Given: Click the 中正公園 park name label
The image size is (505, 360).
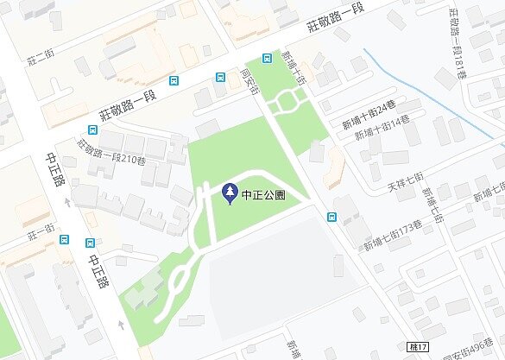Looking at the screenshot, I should tap(264, 194).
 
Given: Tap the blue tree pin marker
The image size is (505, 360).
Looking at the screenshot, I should tap(230, 193).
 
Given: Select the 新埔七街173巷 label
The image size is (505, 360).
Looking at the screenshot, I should tap(392, 236).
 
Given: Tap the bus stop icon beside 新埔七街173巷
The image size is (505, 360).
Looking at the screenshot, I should tap(331, 216).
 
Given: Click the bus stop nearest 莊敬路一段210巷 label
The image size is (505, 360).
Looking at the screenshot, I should tap(175, 82).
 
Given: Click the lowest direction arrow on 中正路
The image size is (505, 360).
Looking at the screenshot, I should tap(122, 325).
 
